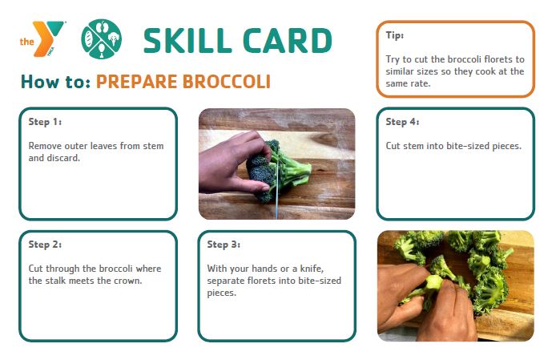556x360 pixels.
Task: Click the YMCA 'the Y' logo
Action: click(42, 38)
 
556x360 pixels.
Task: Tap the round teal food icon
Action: click(102, 38)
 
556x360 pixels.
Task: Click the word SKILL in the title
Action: click(187, 40)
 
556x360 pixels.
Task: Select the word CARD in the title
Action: click(288, 40)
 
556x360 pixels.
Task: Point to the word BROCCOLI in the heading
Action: click(227, 81)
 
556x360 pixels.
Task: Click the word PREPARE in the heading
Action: click(136, 81)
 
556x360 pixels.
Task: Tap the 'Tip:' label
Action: click(395, 35)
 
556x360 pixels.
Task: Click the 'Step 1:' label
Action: click(45, 122)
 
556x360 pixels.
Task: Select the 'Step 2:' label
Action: click(45, 245)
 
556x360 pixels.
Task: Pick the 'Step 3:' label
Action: click(224, 245)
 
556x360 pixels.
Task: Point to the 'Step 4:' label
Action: click(402, 122)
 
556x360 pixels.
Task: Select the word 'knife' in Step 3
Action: click(312, 269)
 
